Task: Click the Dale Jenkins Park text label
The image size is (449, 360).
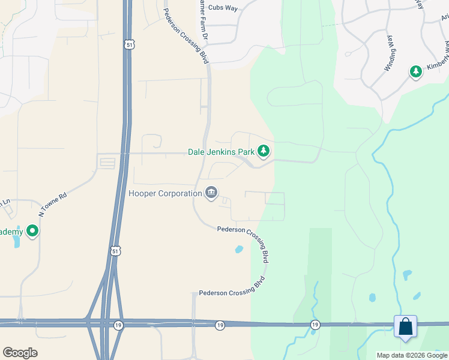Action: tap(221, 152)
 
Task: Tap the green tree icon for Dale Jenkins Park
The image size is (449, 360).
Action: tap(263, 152)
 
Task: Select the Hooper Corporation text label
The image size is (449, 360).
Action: tap(165, 193)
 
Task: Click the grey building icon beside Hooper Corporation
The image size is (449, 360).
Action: tap(211, 193)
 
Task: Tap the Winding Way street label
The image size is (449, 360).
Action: tap(388, 53)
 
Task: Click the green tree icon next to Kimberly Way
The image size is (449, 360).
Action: tap(415, 72)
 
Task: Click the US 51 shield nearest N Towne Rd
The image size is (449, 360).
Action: tap(116, 250)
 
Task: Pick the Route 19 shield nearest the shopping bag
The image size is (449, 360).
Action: tap(315, 325)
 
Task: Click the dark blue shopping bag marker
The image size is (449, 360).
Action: tap(405, 326)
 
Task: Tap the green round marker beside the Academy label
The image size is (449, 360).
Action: tap(32, 230)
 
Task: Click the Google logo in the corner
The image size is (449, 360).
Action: tap(20, 353)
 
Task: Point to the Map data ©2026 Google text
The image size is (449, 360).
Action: tap(412, 355)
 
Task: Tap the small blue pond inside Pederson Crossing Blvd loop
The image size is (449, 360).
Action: tap(239, 249)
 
